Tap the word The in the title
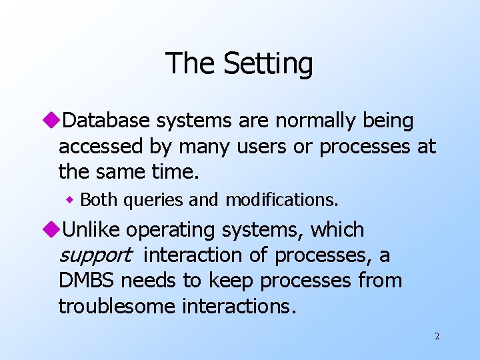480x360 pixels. pos(192,63)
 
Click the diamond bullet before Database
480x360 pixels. pos(54,121)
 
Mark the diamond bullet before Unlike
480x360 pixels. pos(54,230)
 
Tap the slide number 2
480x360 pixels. pos(437,337)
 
